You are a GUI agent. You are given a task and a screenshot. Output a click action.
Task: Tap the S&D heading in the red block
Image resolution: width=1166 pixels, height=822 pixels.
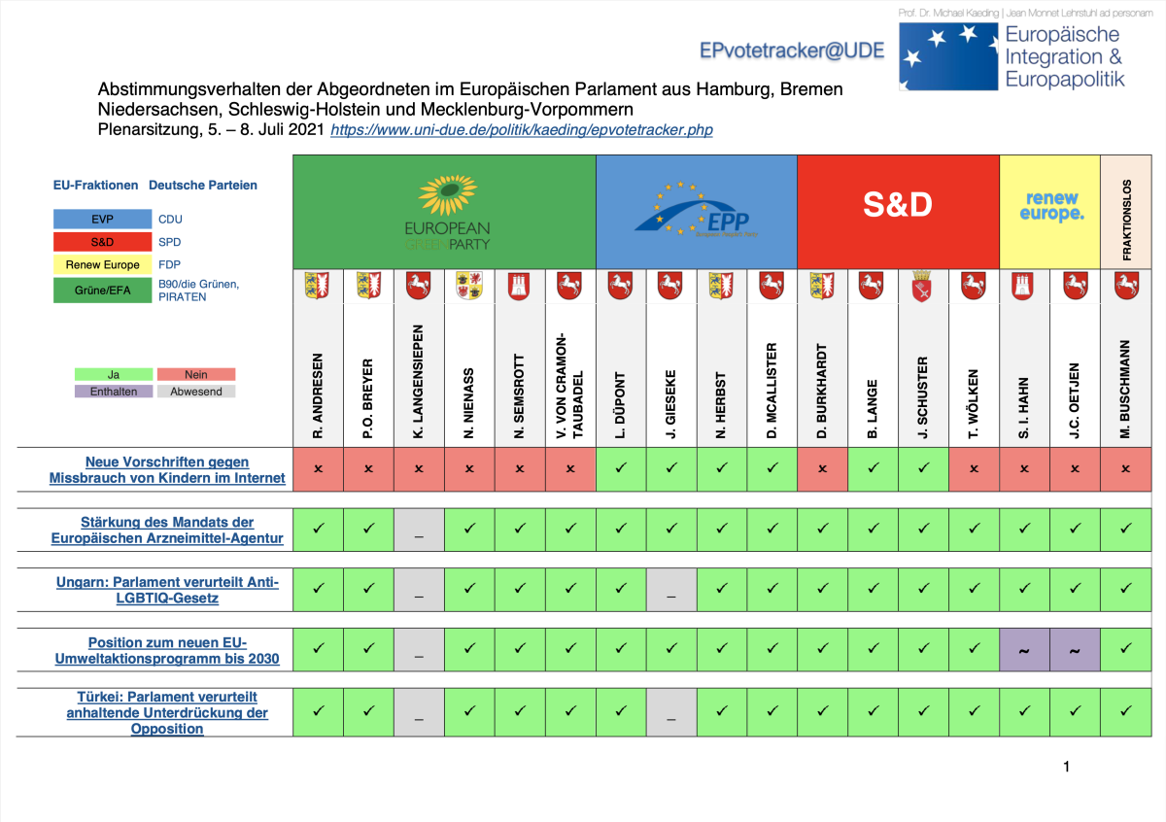tap(897, 204)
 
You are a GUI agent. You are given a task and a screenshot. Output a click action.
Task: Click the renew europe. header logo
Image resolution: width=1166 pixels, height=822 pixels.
tap(1050, 205)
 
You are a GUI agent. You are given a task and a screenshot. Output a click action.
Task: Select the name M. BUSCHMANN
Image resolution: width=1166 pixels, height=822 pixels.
tap(1126, 389)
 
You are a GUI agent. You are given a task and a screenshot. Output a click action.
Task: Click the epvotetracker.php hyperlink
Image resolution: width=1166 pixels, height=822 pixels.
tap(521, 129)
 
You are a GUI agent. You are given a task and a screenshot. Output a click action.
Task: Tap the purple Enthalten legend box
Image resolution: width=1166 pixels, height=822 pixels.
tap(114, 392)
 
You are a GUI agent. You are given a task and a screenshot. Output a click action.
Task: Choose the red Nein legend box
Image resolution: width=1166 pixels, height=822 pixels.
tap(196, 374)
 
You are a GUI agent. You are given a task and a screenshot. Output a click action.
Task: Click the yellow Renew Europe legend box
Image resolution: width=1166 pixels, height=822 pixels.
tap(103, 264)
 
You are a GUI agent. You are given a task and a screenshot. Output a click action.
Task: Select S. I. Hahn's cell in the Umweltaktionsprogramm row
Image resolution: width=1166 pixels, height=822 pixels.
tap(1025, 650)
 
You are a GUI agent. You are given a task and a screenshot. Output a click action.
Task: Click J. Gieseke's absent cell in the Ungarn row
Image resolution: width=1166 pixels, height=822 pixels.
tap(671, 590)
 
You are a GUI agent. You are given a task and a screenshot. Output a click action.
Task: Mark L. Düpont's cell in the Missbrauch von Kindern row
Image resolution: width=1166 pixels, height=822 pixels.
tap(621, 468)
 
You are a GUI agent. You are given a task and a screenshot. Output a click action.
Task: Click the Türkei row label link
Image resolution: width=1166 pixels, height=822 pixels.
tap(167, 712)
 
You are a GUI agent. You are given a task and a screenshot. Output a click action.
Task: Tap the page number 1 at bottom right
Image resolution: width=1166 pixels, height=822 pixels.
tap(1066, 767)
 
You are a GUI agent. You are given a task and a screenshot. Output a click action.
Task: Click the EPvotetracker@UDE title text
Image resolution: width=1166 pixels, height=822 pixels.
tap(792, 51)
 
